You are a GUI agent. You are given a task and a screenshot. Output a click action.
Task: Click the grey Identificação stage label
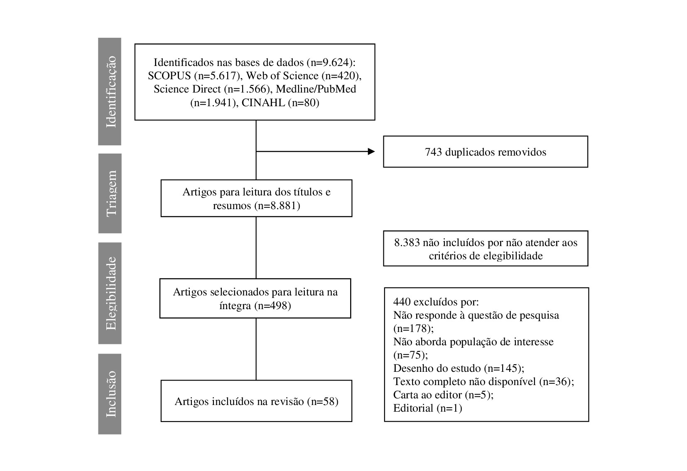pyautogui.click(x=110, y=91)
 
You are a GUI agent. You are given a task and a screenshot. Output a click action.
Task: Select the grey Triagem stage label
pyautogui.click(x=110, y=193)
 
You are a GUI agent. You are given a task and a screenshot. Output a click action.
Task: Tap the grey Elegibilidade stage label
pyautogui.click(x=110, y=293)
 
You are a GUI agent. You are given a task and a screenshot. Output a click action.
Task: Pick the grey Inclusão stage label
pyautogui.click(x=110, y=394)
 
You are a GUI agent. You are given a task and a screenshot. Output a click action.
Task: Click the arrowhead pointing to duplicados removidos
pyautogui.click(x=371, y=151)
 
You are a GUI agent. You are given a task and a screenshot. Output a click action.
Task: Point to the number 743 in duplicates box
pyautogui.click(x=433, y=152)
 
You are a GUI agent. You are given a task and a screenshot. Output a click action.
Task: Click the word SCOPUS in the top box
pyautogui.click(x=169, y=76)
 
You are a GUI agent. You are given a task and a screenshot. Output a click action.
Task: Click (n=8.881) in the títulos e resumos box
pyautogui.click(x=278, y=205)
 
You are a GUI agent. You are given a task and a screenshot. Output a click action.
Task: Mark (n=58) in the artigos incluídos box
pyautogui.click(x=323, y=401)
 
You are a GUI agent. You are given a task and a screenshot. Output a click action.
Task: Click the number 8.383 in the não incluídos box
pyautogui.click(x=407, y=243)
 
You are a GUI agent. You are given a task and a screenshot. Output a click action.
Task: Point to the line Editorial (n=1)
pyautogui.click(x=427, y=408)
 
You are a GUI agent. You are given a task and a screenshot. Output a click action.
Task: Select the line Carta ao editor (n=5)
pyautogui.click(x=444, y=395)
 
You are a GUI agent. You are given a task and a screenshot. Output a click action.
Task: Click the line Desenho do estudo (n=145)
pyautogui.click(x=459, y=368)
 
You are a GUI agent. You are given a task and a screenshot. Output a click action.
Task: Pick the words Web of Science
pyautogui.click(x=282, y=76)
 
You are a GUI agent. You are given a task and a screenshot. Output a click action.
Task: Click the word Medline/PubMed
pyautogui.click(x=316, y=89)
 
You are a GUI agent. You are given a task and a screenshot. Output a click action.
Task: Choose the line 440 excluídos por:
pyautogui.click(x=436, y=302)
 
